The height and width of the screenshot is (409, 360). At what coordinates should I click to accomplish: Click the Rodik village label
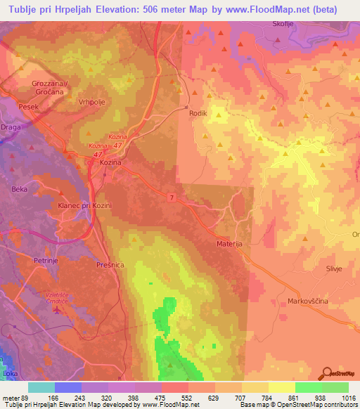pyautogui.click(x=198, y=112)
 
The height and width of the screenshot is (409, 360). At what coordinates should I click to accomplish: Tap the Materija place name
pyautogui.click(x=230, y=244)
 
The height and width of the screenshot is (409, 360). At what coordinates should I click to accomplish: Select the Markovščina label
pyautogui.click(x=308, y=301)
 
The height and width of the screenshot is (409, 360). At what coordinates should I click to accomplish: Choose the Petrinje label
pyautogui.click(x=46, y=260)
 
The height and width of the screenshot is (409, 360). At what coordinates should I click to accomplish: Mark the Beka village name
pyautogui.click(x=19, y=189)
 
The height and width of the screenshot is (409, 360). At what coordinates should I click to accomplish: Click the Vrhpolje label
pyautogui.click(x=92, y=100)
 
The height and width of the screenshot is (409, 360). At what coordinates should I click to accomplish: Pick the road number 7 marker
pyautogui.click(x=171, y=195)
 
